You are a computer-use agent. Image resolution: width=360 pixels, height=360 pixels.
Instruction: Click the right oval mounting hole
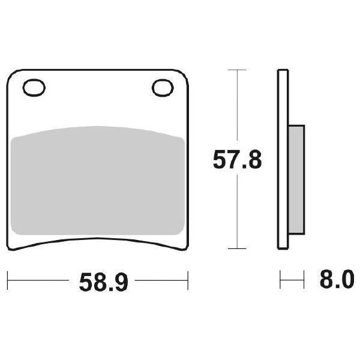pyautogui.click(x=162, y=88)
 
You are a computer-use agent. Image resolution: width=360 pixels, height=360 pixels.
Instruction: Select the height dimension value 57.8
pyautogui.click(x=238, y=160)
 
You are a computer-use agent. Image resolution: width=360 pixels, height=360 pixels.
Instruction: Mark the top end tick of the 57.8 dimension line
pyautogui.click(x=238, y=71)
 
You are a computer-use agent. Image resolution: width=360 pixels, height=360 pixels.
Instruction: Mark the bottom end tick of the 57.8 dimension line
pyautogui.click(x=238, y=248)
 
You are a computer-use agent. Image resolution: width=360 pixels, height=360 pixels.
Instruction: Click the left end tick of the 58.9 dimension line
pyautogui.click(x=7, y=280)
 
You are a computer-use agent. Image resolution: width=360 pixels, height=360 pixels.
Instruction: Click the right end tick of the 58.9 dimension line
pyautogui.click(x=188, y=280)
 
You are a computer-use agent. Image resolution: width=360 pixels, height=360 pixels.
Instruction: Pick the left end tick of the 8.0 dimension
pyautogui.click(x=280, y=280)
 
